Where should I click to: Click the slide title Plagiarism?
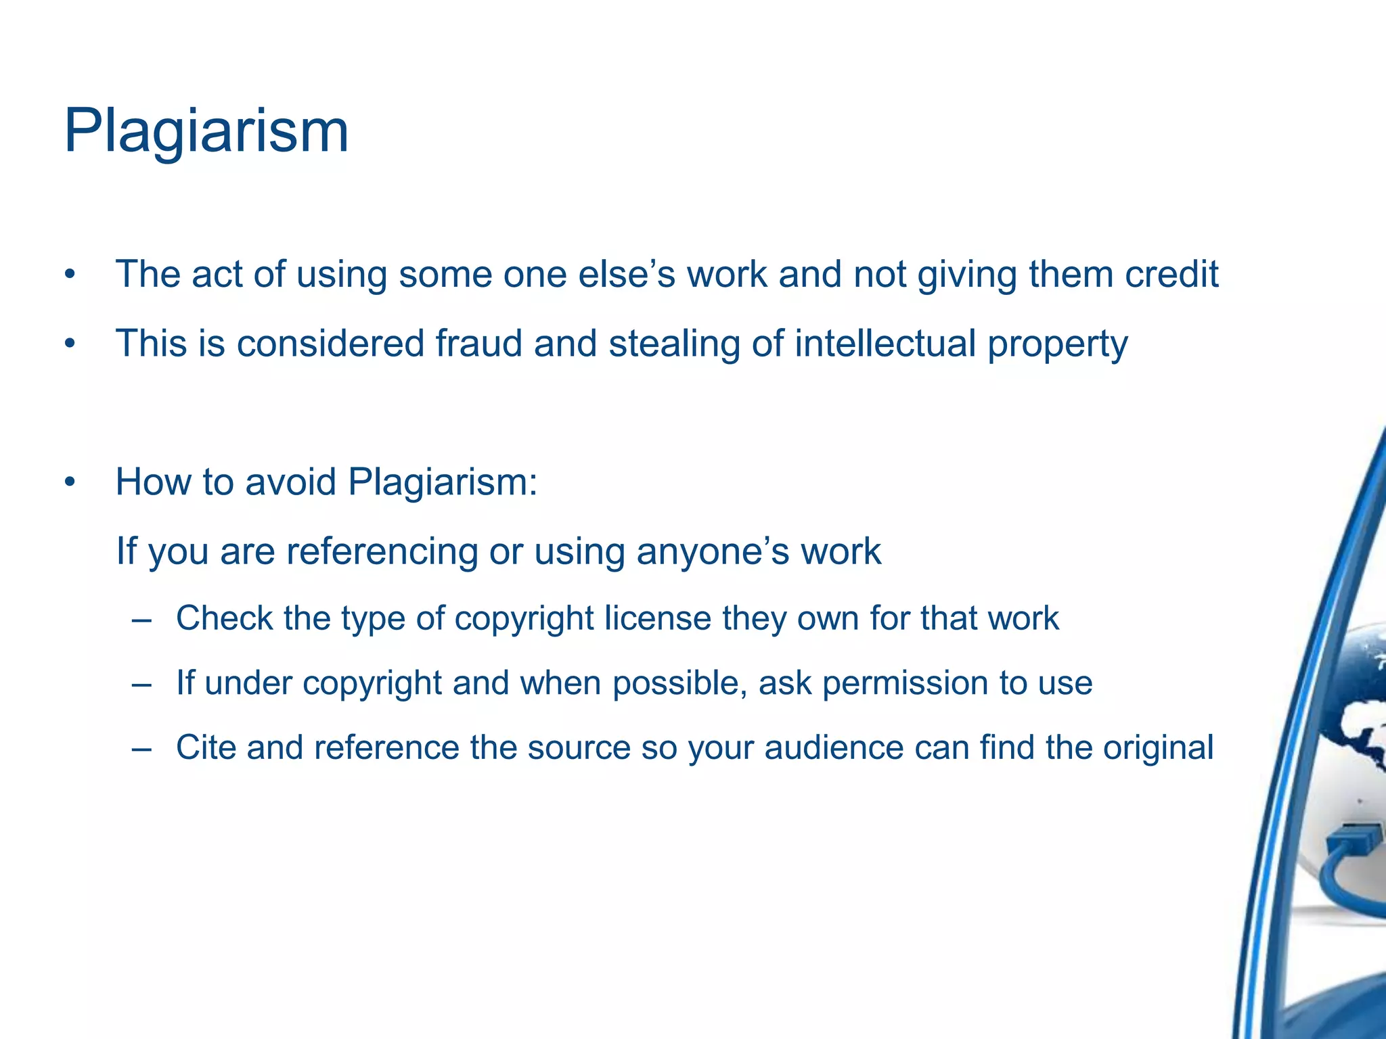pos(206,131)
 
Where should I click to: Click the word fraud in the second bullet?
pos(478,343)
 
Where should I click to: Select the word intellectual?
pos(885,343)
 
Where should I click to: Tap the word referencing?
pos(382,551)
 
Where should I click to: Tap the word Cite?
pos(205,747)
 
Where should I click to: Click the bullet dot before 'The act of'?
pos(69,276)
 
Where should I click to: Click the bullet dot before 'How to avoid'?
pos(69,483)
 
